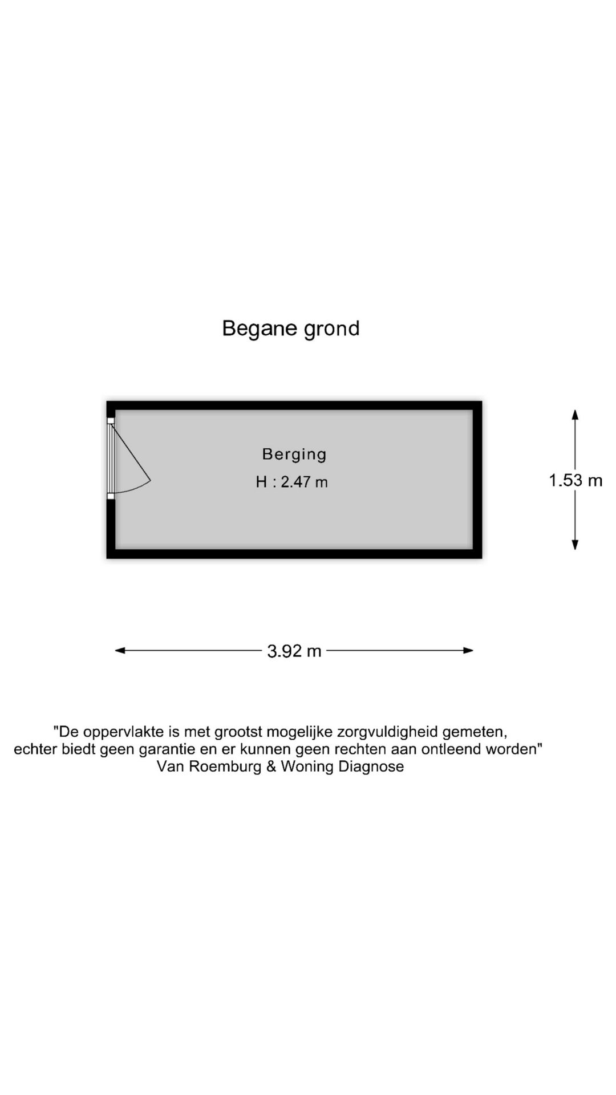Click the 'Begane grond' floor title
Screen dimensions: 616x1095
291,329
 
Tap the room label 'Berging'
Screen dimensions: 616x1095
294,455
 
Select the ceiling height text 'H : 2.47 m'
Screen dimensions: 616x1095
291,482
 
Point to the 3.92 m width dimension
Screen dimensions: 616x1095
294,651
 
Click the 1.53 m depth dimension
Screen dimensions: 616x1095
576,480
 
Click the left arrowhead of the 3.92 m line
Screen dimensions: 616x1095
120,650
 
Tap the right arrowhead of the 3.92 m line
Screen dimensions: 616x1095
468,650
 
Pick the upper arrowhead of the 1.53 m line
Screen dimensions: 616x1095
575,415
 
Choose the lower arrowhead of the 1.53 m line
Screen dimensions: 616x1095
575,545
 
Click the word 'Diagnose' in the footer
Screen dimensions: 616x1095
371,766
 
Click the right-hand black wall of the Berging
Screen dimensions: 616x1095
477,480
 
